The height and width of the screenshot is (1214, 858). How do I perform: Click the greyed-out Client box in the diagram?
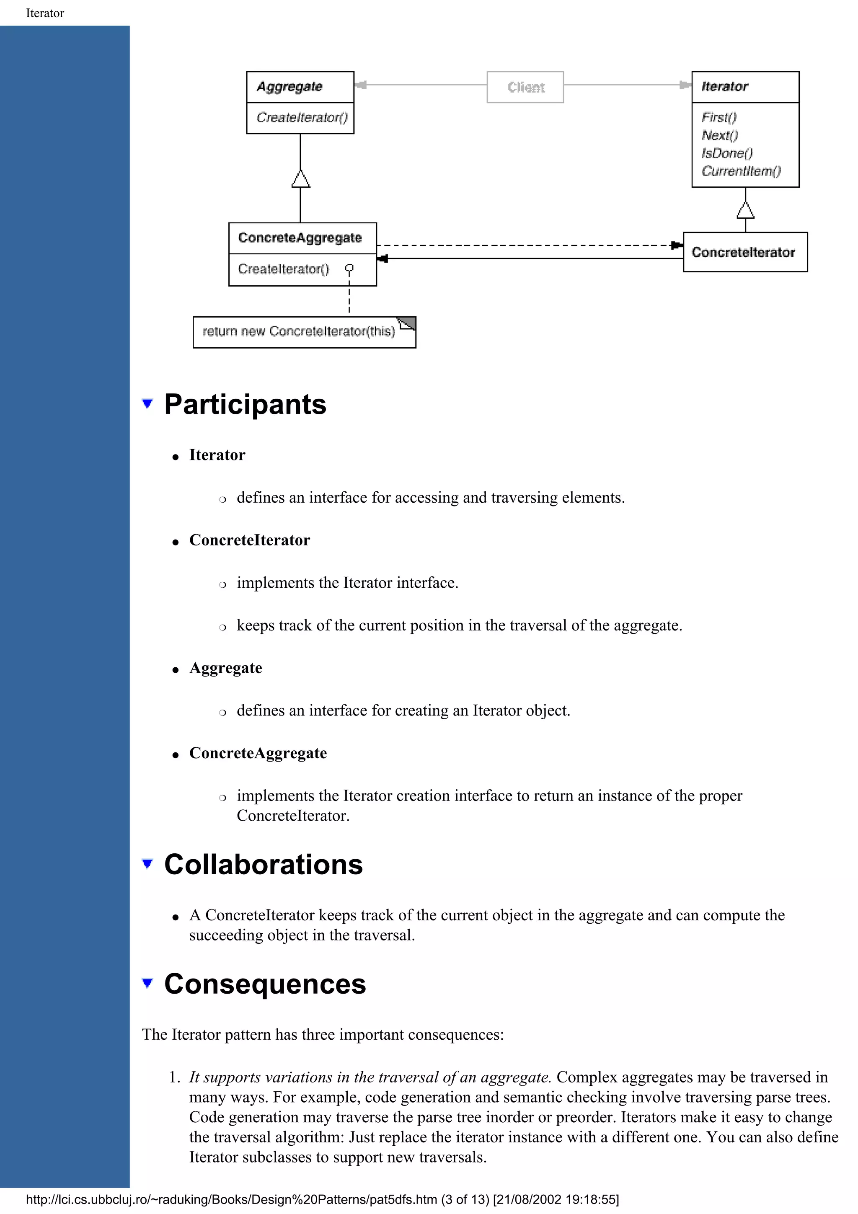pyautogui.click(x=525, y=87)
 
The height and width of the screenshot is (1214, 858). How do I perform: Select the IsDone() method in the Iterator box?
pyautogui.click(x=727, y=153)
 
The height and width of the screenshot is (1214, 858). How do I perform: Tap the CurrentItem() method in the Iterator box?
pyautogui.click(x=741, y=171)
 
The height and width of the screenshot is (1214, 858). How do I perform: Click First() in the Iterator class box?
pyautogui.click(x=719, y=117)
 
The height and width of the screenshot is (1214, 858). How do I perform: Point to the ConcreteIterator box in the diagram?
pyautogui.click(x=744, y=252)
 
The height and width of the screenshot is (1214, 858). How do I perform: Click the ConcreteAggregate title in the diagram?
pyautogui.click(x=300, y=238)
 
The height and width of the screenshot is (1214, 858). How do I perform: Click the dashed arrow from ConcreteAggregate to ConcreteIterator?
pyautogui.click(x=529, y=245)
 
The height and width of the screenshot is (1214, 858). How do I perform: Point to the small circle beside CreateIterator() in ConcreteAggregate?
pyautogui.click(x=349, y=269)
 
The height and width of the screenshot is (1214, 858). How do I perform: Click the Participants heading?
pyautogui.click(x=246, y=405)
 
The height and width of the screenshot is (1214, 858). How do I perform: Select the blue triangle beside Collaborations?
pyautogui.click(x=147, y=863)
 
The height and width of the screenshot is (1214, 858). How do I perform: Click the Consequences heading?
pyautogui.click(x=265, y=984)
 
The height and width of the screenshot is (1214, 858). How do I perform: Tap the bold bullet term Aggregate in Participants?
pyautogui.click(x=226, y=668)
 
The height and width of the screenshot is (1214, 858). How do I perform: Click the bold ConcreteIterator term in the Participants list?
pyautogui.click(x=250, y=540)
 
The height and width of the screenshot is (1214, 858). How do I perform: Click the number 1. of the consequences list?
pyautogui.click(x=174, y=1077)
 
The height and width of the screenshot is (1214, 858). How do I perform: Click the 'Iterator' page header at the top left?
pyautogui.click(x=45, y=13)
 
